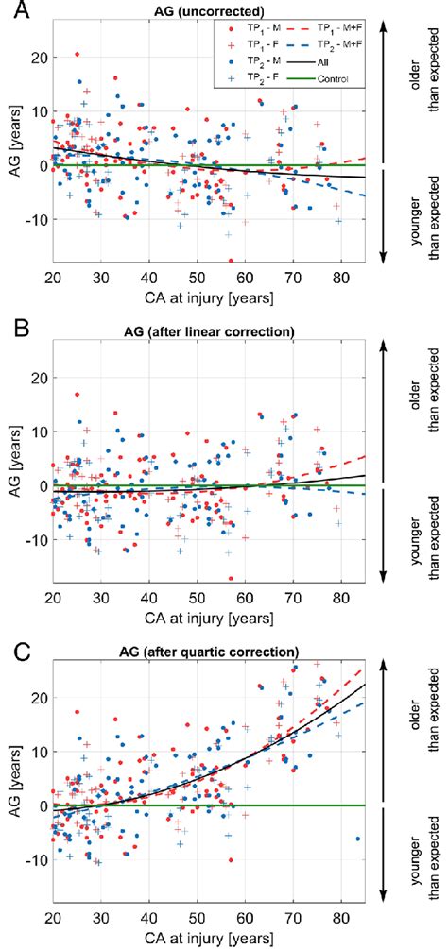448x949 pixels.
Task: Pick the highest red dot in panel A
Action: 77,55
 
